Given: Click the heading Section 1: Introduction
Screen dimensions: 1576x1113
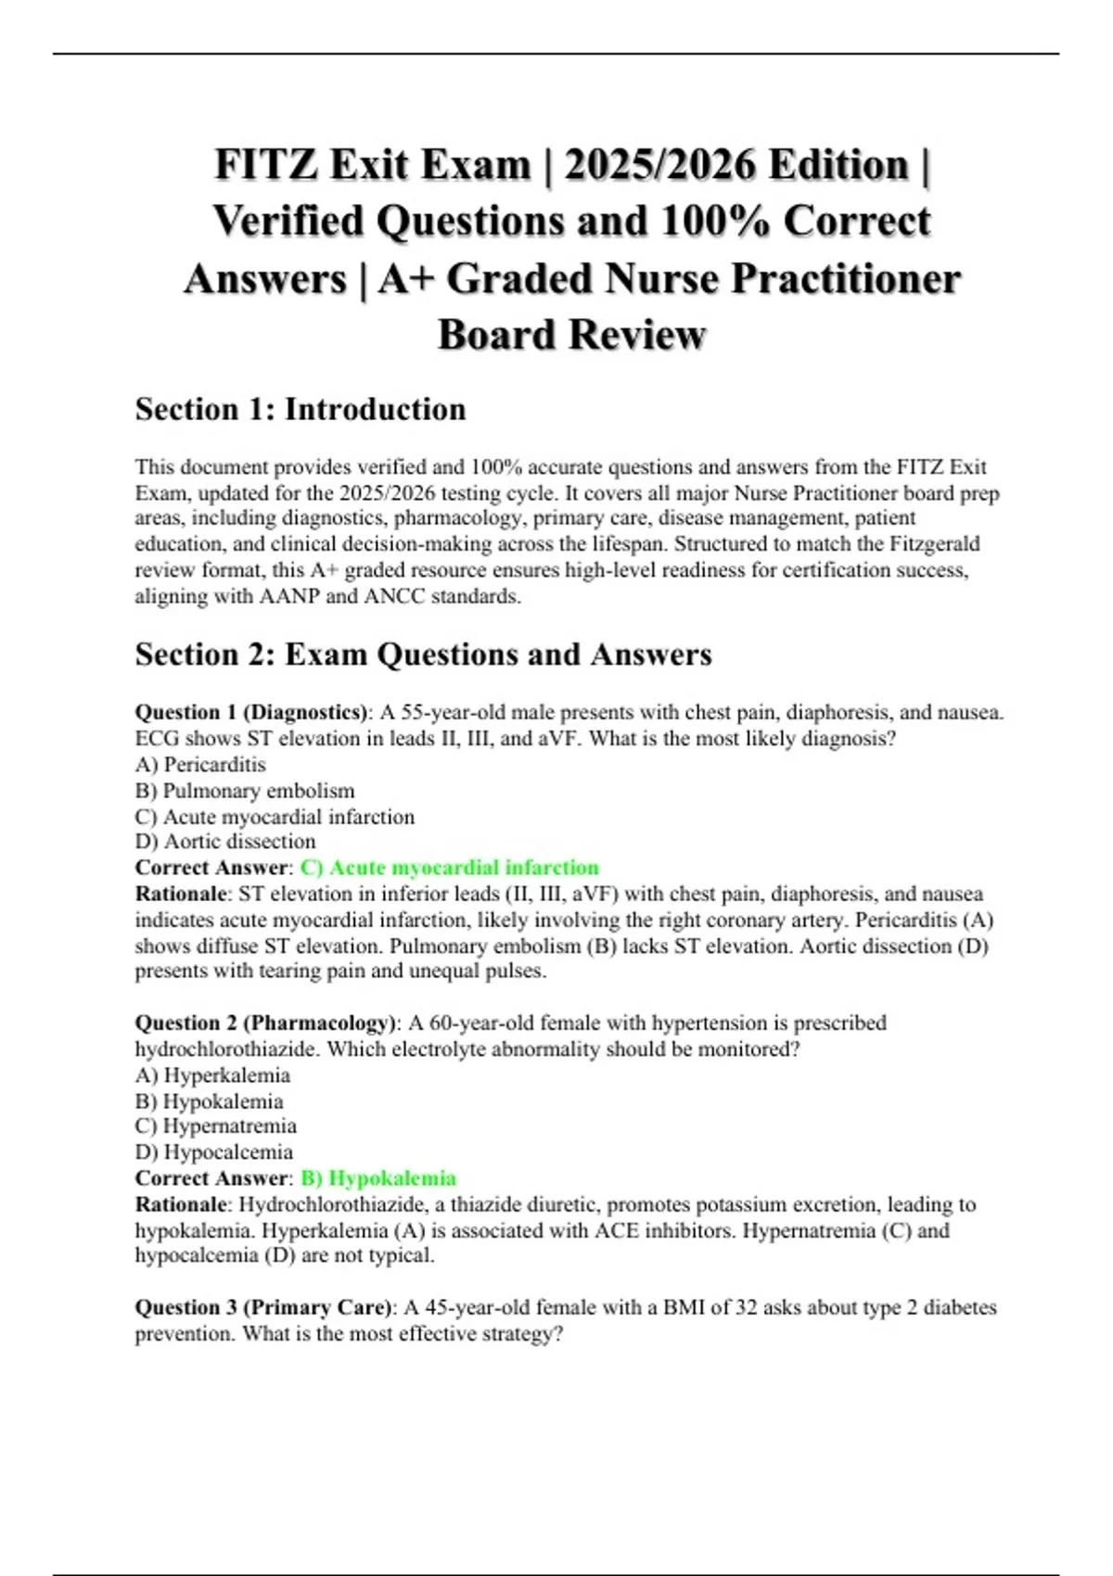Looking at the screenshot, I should pyautogui.click(x=300, y=409).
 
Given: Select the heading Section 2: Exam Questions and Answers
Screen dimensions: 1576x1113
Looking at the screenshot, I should pyautogui.click(x=423, y=655).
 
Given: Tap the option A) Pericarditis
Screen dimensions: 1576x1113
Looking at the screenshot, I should pyautogui.click(x=200, y=765).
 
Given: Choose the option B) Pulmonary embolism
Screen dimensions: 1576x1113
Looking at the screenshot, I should pyautogui.click(x=245, y=791).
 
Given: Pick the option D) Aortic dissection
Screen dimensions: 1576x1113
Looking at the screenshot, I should pyautogui.click(x=225, y=842).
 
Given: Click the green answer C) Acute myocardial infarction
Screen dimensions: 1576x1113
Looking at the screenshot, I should pyautogui.click(x=450, y=868).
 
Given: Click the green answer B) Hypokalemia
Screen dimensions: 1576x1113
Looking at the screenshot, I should pyautogui.click(x=378, y=1178).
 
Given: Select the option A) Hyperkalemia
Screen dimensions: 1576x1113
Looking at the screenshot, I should pyautogui.click(x=212, y=1075).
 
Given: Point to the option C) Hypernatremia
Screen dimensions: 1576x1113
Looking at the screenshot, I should pyautogui.click(x=215, y=1126).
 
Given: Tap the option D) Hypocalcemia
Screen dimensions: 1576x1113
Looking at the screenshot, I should pyautogui.click(x=213, y=1152).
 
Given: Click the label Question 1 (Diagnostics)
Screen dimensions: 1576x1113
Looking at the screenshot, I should pyautogui.click(x=251, y=713).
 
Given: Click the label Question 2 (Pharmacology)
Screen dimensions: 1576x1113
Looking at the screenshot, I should pyautogui.click(x=265, y=1023).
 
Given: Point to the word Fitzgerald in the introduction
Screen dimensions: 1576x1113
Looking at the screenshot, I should pyautogui.click(x=925, y=544).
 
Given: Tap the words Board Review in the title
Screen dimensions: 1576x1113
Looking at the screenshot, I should pyautogui.click(x=571, y=335).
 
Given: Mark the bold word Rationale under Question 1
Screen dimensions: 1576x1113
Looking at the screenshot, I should pyautogui.click(x=181, y=894).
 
